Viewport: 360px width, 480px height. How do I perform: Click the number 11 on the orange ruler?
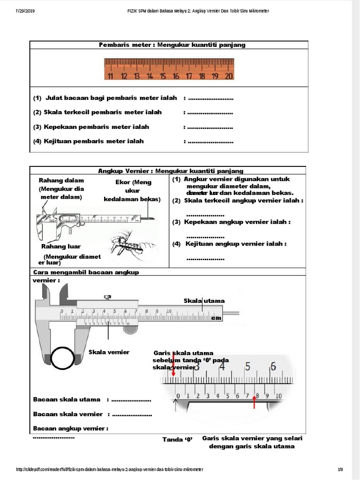click(110, 76)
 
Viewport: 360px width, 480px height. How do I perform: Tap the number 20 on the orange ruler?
click(228, 76)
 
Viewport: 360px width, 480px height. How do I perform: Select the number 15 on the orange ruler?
click(163, 76)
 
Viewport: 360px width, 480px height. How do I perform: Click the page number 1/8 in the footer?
click(340, 469)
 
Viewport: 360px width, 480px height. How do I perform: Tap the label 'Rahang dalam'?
click(61, 180)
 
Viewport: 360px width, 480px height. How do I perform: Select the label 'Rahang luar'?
click(61, 246)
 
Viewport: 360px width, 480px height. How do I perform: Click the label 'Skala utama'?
click(204, 300)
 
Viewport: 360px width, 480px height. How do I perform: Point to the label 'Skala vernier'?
click(109, 352)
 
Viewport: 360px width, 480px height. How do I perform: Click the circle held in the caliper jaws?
click(62, 359)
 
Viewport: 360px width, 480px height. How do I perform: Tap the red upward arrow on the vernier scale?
click(255, 400)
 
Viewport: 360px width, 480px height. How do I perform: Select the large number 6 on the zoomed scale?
click(273, 366)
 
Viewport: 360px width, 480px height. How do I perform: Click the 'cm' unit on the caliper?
click(216, 318)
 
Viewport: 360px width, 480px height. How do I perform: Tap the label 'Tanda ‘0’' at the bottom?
click(178, 439)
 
